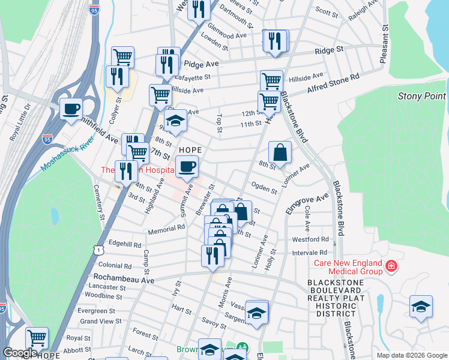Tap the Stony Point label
pos(421,96)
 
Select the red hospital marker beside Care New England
pos(391,265)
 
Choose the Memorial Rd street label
pos(166,229)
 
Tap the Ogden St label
pos(264,188)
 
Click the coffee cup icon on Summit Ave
pos(187,166)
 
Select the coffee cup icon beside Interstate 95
pos(71,109)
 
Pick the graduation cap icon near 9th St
pos(175,121)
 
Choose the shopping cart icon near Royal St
pos(37,338)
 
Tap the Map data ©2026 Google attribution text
pos(411,355)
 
